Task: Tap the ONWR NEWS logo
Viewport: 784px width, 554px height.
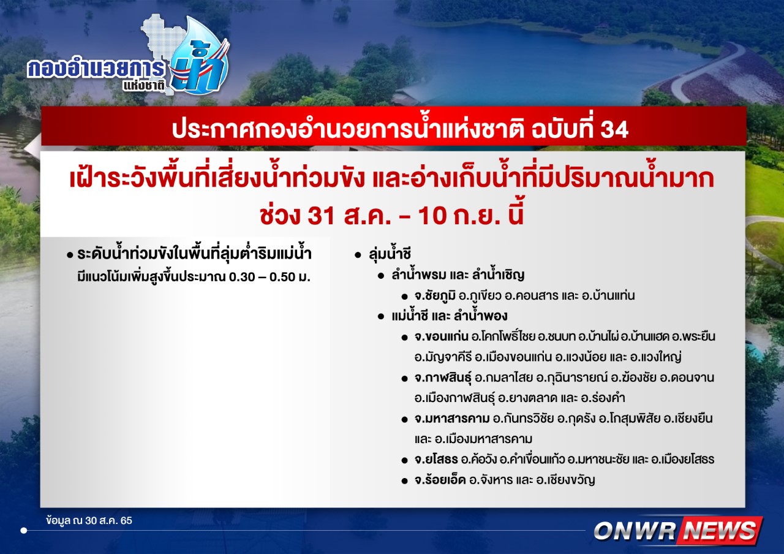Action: click(678, 530)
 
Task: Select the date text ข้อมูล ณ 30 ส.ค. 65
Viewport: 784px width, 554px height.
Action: click(89, 521)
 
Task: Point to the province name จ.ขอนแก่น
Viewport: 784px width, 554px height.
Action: click(442, 336)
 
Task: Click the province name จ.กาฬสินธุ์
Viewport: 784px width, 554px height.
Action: click(443, 378)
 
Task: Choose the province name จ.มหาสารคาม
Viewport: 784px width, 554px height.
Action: click(452, 419)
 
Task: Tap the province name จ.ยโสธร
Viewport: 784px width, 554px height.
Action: click(436, 460)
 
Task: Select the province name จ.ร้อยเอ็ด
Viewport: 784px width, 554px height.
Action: click(440, 480)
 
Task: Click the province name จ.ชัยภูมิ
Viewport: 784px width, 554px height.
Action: click(435, 296)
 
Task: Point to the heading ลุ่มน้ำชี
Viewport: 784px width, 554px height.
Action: click(390, 254)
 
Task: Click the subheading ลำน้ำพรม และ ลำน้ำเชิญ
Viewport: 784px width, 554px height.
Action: click(458, 275)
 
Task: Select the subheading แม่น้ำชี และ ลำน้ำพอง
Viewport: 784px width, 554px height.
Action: click(450, 316)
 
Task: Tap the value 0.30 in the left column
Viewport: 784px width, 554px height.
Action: click(242, 277)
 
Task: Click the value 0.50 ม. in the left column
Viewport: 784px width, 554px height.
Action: click(290, 277)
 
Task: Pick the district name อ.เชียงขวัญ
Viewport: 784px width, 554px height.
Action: click(565, 480)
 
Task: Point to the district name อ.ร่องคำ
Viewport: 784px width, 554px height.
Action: click(603, 398)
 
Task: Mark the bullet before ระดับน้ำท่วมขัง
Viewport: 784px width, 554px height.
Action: click(70, 256)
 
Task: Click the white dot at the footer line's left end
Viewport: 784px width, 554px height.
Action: click(24, 531)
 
